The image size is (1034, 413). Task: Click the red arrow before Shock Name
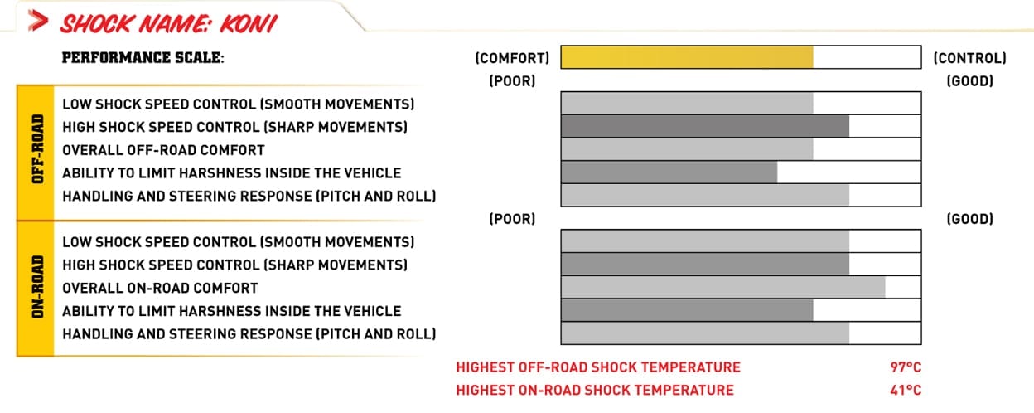pyautogui.click(x=38, y=21)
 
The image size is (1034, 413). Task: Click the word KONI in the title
pyautogui.click(x=249, y=24)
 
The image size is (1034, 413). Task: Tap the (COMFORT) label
pyautogui.click(x=512, y=58)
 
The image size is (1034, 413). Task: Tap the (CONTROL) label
pyautogui.click(x=969, y=58)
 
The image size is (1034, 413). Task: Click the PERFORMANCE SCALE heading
pyautogui.click(x=143, y=58)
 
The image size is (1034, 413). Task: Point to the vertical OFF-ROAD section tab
pyautogui.click(x=36, y=153)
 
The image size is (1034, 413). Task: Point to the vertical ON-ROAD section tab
pyautogui.click(x=36, y=289)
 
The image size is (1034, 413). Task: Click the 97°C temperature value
pyautogui.click(x=906, y=367)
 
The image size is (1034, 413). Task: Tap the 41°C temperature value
pyautogui.click(x=906, y=391)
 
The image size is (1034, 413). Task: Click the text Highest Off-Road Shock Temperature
pyautogui.click(x=598, y=367)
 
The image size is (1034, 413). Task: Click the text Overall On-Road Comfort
pyautogui.click(x=160, y=288)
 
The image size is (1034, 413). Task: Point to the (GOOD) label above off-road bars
pyautogui.click(x=970, y=81)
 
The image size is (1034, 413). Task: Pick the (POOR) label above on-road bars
pyautogui.click(x=512, y=219)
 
